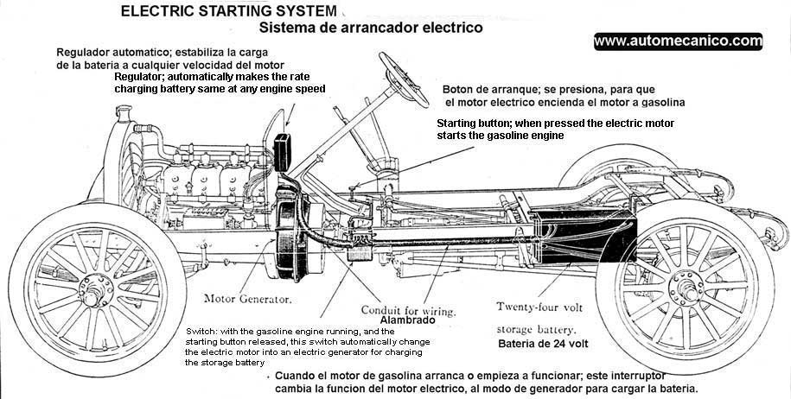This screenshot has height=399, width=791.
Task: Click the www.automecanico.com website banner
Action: [x=678, y=41]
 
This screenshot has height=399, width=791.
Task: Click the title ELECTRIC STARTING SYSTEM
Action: [x=228, y=11]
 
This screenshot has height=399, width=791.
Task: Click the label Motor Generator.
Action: [x=247, y=300]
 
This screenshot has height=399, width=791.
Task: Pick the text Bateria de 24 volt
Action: [x=543, y=343]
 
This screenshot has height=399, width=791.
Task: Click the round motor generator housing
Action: [x=289, y=237]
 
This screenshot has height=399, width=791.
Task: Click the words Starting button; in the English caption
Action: [x=475, y=123]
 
